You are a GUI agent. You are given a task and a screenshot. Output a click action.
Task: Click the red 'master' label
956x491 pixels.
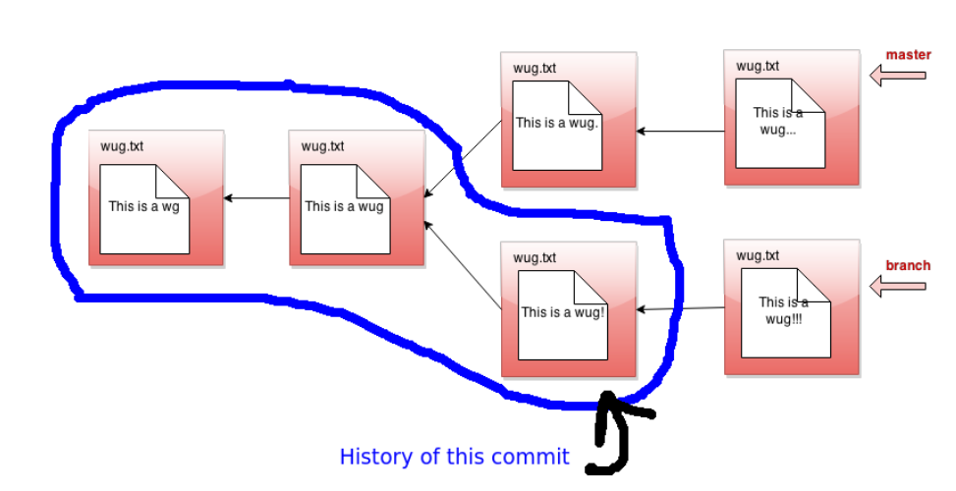point(908,55)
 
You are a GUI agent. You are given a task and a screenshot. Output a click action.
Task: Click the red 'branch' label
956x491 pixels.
point(908,265)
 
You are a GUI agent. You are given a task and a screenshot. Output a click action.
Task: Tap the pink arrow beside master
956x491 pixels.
point(898,75)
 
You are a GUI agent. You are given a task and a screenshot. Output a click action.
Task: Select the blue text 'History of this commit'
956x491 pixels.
point(454,457)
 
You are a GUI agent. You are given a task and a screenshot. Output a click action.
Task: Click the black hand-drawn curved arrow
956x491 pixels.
point(613,437)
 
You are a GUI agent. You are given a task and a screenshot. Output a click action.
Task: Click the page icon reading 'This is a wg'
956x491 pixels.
point(143,208)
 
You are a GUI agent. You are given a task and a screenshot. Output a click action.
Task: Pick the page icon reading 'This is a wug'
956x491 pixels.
point(344,208)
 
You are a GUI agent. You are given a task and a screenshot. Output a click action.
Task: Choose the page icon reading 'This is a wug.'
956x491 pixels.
point(557,125)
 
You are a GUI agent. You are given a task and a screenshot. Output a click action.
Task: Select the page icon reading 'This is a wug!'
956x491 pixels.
point(561,314)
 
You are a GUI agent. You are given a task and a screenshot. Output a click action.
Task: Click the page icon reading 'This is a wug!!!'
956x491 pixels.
point(784,314)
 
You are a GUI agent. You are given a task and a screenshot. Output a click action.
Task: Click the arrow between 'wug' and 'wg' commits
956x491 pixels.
point(256,198)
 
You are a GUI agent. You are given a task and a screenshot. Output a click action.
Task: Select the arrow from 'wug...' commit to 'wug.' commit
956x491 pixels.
point(680,131)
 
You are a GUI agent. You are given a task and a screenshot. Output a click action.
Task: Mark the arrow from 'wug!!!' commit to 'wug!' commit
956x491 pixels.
point(681,309)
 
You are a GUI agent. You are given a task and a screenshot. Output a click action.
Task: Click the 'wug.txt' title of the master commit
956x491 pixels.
point(758,66)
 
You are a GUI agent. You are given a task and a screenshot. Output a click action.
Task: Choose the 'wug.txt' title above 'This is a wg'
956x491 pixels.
point(122,146)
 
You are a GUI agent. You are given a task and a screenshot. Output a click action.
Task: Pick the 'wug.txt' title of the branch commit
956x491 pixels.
point(758,255)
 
